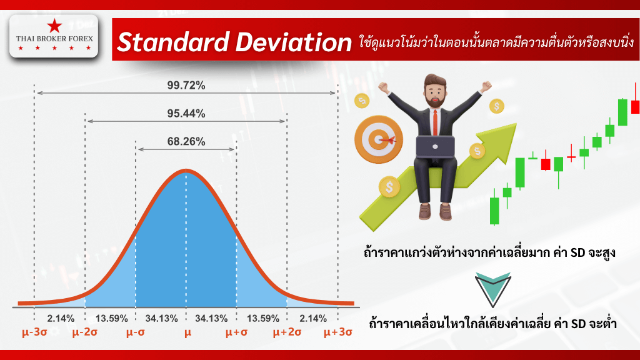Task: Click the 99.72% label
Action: [186, 85]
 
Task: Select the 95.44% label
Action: [186, 113]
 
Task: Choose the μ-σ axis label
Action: [136, 333]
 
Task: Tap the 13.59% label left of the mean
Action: [110, 318]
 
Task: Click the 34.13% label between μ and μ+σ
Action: [211, 318]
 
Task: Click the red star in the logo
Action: [54, 26]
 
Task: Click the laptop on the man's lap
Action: [435, 146]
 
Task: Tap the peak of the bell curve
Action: [186, 171]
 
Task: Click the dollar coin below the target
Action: [389, 186]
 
